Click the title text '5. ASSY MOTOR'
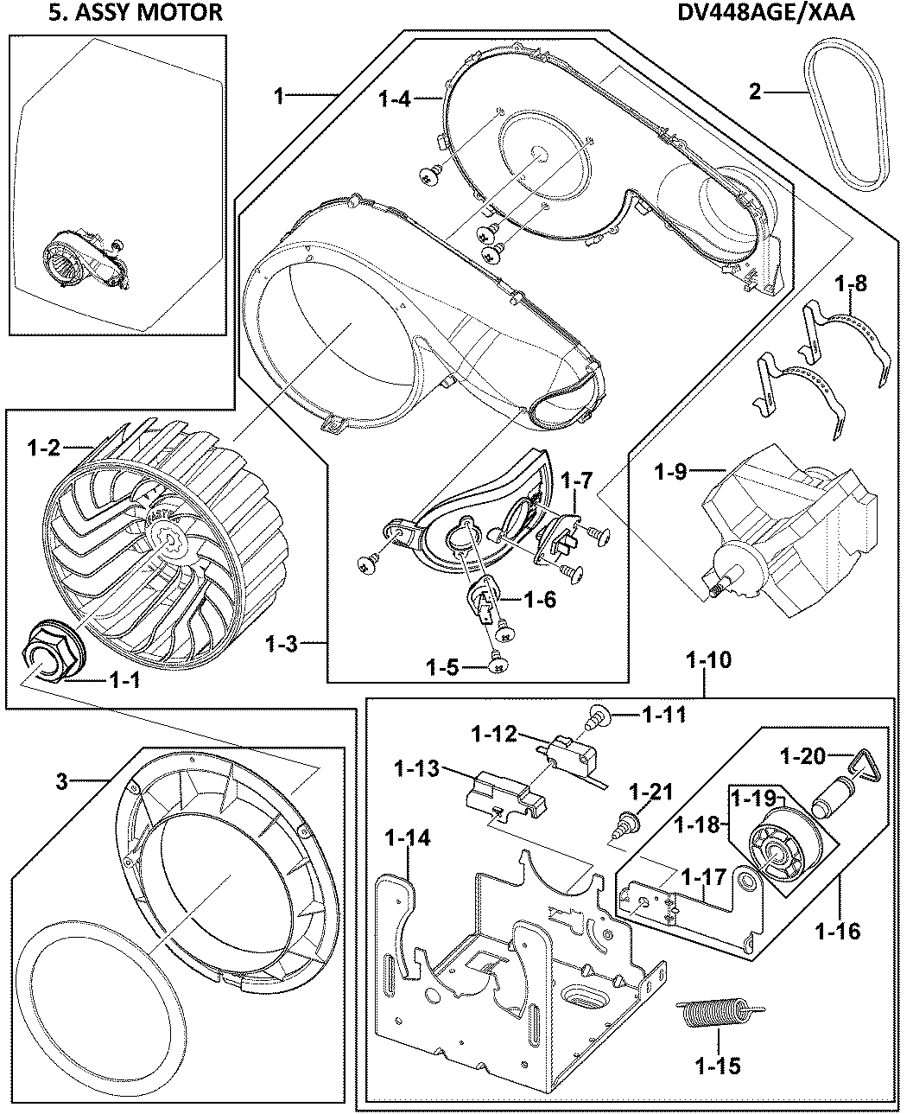[x=117, y=12]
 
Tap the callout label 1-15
[x=717, y=1066]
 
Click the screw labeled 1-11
[x=596, y=715]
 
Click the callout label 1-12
[x=494, y=734]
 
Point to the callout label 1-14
[x=407, y=838]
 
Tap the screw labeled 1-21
[x=629, y=821]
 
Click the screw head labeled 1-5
[x=498, y=665]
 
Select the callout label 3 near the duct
[x=60, y=782]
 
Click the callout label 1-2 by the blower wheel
[x=43, y=448]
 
